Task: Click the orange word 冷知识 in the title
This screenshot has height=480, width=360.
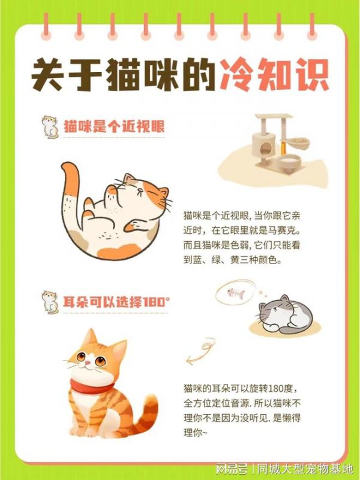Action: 274,74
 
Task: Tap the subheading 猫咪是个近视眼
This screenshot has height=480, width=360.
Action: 114,126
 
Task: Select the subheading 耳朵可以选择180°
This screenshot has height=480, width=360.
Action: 116,302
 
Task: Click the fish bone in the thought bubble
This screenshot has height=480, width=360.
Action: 236,293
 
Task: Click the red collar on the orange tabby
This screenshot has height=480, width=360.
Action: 91,387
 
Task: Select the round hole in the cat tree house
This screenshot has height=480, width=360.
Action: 266,149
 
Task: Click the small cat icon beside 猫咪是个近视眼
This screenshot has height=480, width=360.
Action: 50,127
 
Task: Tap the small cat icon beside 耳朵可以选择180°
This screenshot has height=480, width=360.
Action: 50,302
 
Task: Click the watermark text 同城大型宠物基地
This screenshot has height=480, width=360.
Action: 305,469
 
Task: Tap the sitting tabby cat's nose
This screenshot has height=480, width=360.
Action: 88,363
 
